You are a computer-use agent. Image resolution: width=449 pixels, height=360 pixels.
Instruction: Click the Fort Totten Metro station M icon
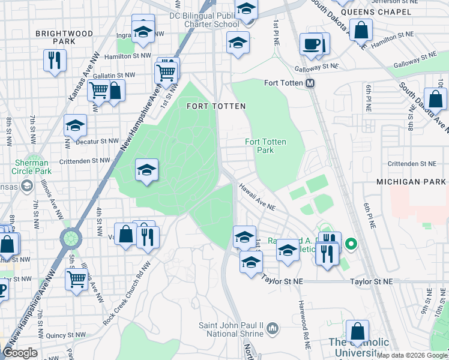(310, 83)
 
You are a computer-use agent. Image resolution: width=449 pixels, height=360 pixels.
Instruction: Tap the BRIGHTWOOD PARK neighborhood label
(55, 37)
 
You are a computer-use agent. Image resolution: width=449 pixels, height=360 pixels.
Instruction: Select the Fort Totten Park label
(265, 146)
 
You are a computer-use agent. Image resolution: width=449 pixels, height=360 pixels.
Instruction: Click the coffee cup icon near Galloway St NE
(311, 44)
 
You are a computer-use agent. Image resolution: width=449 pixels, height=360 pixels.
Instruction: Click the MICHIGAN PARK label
(411, 181)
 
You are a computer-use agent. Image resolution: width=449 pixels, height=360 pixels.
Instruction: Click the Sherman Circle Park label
(32, 167)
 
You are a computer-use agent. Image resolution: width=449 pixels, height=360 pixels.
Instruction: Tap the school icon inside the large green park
(146, 170)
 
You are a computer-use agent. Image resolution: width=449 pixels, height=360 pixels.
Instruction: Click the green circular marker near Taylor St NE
(352, 244)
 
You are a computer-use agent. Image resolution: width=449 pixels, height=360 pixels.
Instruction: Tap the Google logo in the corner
(20, 353)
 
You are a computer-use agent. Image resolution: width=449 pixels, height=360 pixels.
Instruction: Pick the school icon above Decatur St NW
(76, 126)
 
